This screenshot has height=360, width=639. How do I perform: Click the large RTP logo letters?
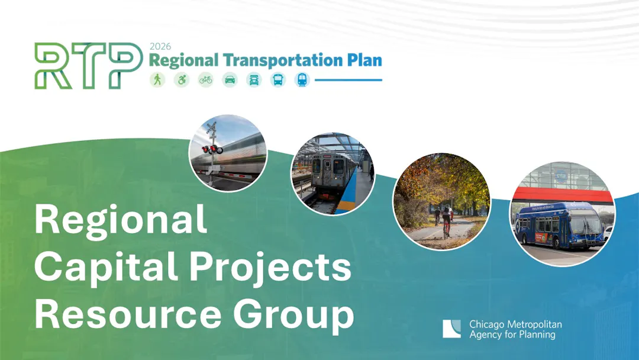point(88,66)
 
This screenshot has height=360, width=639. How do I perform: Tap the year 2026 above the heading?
point(160,46)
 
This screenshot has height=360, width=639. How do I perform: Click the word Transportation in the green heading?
point(283,60)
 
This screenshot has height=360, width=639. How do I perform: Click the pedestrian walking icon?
point(157,79)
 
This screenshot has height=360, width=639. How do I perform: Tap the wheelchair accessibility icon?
point(182,79)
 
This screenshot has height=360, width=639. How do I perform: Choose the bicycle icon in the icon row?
point(206,79)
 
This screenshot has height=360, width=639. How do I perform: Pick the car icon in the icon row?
point(230,79)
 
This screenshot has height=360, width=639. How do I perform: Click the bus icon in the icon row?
point(278,79)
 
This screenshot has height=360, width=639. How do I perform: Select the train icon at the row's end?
point(302,79)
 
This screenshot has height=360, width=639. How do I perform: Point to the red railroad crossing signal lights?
point(212,150)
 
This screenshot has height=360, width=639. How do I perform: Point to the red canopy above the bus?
point(563,195)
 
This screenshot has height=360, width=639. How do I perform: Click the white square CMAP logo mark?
point(451,329)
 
